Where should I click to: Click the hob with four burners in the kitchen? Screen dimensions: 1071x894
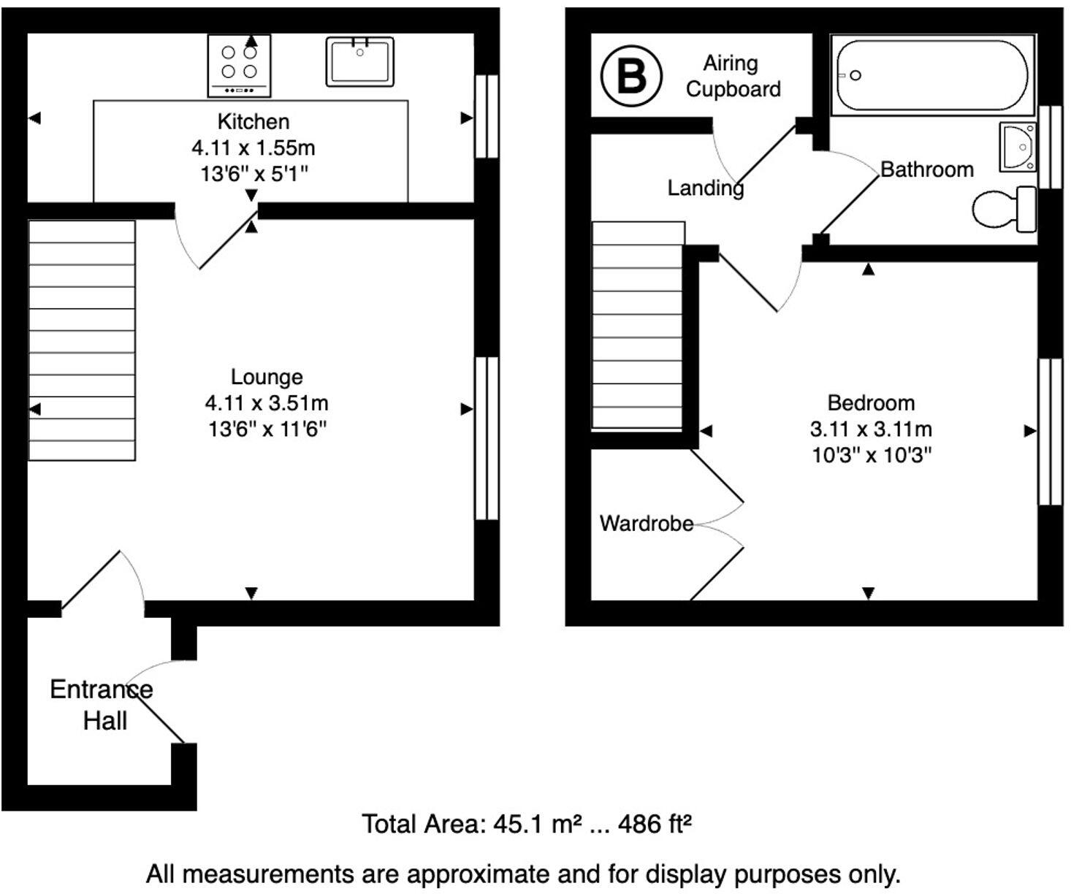(240, 64)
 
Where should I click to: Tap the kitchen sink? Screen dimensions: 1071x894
(359, 61)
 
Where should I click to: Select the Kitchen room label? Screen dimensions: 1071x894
(254, 121)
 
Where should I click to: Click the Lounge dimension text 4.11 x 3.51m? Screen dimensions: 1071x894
(267, 402)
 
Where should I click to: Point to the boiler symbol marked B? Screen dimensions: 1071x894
(631, 75)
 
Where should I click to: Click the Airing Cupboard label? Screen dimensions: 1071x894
(733, 76)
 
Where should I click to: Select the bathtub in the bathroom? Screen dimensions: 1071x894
(931, 74)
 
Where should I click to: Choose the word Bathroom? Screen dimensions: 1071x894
(926, 169)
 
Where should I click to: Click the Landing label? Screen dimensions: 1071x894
(705, 188)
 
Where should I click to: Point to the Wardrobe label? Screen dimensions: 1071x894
(646, 523)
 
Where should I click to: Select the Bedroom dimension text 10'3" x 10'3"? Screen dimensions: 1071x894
(872, 455)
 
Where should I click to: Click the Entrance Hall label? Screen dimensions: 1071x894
(102, 705)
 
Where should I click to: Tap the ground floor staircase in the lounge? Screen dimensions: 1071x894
(82, 340)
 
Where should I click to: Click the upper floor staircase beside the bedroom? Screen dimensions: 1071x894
(638, 326)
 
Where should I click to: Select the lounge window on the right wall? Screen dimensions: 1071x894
(487, 438)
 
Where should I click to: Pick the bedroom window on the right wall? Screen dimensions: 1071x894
(1050, 431)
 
